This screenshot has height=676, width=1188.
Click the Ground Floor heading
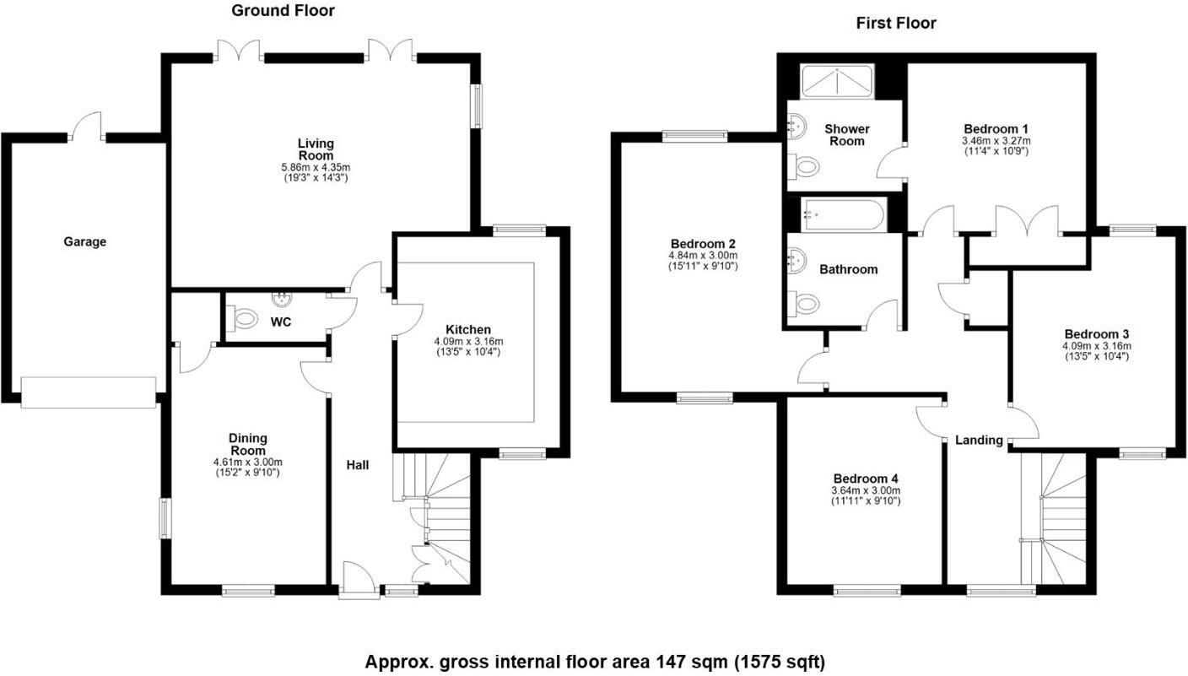(283, 11)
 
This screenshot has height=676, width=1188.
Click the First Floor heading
(895, 24)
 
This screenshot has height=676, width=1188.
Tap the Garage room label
(85, 242)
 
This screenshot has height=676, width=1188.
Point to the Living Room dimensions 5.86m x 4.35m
(315, 168)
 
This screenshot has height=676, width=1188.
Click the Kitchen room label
(467, 329)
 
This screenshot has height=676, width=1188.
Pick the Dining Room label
(247, 444)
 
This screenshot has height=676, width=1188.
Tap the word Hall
(357, 464)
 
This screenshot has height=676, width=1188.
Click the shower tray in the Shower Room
(837, 82)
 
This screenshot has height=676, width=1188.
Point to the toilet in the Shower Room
(804, 168)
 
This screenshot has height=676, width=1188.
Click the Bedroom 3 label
(1096, 333)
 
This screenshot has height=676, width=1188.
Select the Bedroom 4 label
(866, 478)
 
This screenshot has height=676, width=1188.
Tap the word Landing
(979, 440)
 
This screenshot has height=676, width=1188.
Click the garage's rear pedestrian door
(87, 127)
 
